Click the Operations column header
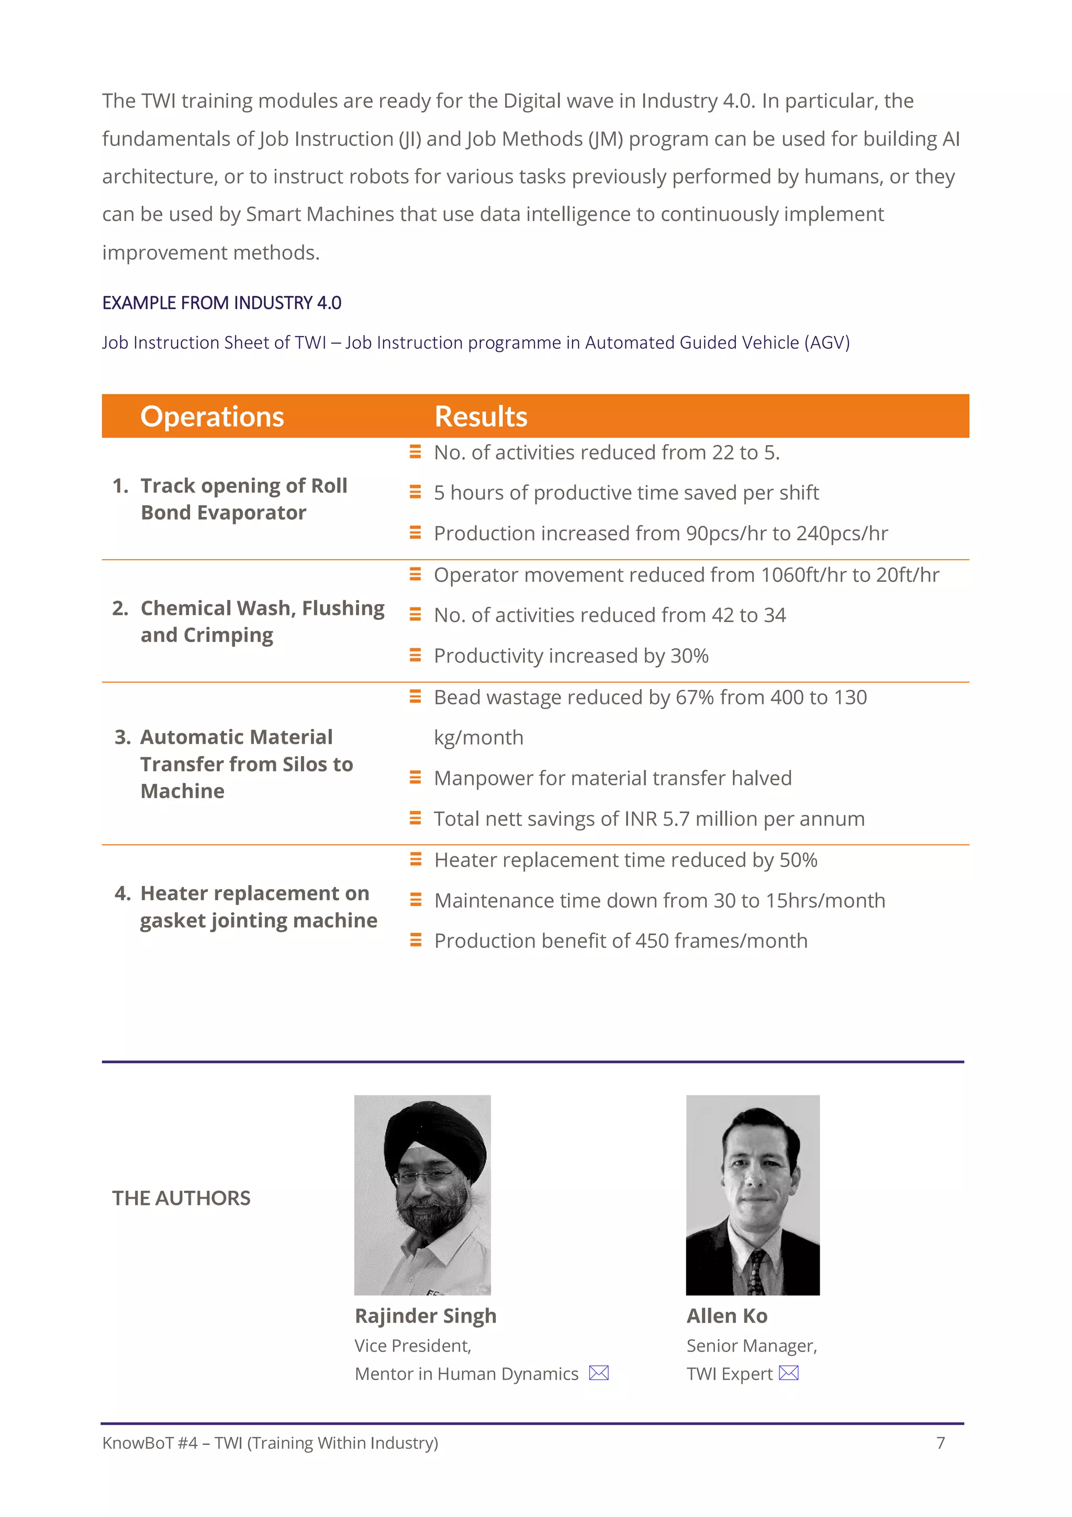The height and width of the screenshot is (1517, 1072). coord(212,417)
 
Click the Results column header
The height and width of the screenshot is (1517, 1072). coord(481,417)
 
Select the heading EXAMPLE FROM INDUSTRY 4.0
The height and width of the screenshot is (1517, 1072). coord(221,303)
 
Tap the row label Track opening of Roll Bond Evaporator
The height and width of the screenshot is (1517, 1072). coord(243,499)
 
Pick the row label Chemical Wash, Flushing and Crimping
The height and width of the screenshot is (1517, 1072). coord(262,621)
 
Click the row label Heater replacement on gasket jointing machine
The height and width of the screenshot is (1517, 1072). coord(258,906)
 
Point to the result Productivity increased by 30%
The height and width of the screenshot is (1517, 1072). coord(571,656)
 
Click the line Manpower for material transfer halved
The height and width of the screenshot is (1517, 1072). coord(612,778)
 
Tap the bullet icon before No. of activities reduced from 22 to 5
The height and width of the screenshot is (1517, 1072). coord(415,452)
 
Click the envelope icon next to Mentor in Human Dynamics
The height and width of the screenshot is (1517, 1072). coord(598,1373)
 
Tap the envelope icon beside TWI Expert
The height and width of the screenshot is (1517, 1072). coord(789,1373)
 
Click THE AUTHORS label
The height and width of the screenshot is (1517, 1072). coord(181,1198)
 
